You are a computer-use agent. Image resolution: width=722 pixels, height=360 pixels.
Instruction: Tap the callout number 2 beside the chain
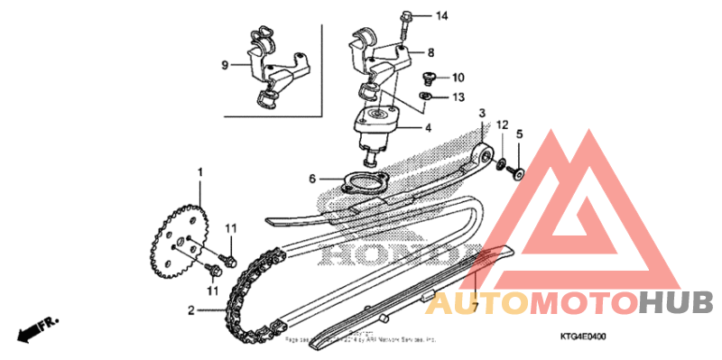191,311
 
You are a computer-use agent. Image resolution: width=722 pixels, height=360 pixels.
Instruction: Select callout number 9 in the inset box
225,64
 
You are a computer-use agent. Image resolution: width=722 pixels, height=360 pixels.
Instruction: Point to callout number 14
441,16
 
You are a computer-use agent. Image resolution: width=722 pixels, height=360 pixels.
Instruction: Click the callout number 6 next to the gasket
312,179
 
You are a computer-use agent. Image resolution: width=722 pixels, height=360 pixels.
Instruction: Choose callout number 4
428,128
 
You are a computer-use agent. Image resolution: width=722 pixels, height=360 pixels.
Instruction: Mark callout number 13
458,97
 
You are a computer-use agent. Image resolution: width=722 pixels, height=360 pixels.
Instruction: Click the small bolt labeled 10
429,77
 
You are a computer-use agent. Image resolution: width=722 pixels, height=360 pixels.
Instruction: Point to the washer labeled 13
424,96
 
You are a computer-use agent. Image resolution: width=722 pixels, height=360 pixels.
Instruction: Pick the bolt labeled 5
519,171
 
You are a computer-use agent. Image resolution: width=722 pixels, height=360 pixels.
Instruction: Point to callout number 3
482,114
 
